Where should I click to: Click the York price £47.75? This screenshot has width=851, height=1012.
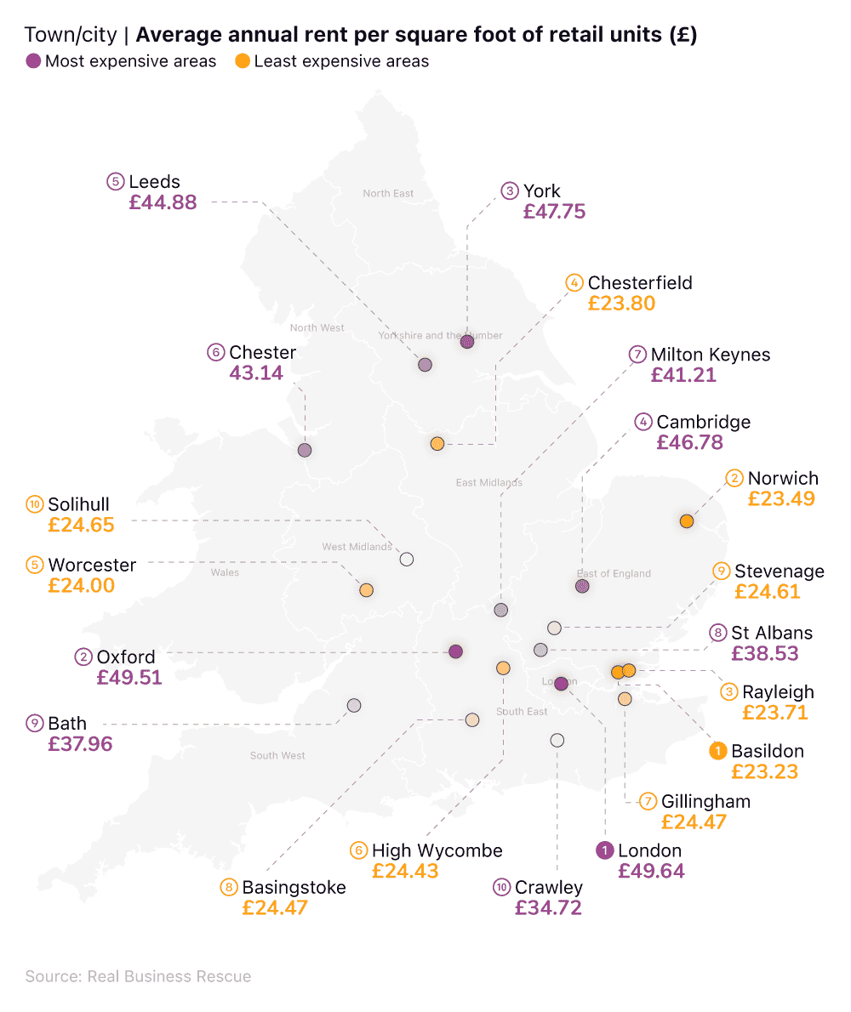click(554, 212)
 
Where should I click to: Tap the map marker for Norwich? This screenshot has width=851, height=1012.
click(687, 521)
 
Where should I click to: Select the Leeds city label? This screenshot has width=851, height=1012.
click(154, 182)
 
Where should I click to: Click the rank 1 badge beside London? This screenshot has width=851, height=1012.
click(604, 850)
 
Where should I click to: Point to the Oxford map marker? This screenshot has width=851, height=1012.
click(455, 651)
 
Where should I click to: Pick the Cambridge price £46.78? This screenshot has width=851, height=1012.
click(689, 442)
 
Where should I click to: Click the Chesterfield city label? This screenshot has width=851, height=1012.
click(640, 282)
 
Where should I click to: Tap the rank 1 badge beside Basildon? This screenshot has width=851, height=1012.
click(717, 751)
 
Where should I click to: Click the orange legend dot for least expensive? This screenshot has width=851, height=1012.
click(242, 61)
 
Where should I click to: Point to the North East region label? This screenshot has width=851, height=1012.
click(388, 194)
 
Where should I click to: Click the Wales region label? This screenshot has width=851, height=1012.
click(225, 572)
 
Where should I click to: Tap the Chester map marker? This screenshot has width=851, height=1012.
click(305, 450)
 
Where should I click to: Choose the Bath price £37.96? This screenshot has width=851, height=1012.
click(80, 744)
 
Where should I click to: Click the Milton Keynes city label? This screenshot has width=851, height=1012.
click(711, 355)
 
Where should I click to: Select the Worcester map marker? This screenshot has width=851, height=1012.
click(367, 589)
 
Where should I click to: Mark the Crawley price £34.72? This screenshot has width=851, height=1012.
click(548, 907)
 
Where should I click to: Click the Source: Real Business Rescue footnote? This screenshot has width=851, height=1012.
click(138, 976)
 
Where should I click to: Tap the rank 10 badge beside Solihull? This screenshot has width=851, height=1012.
click(34, 504)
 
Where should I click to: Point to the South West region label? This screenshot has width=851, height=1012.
click(277, 755)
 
